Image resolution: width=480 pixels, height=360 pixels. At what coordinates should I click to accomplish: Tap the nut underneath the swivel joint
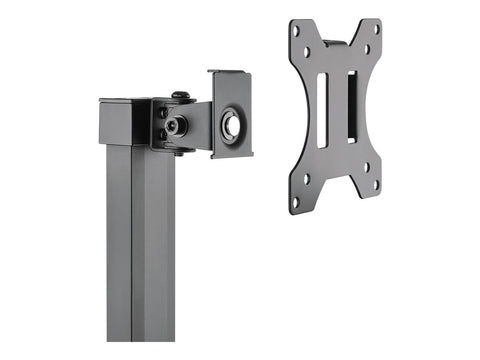point(179,152)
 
